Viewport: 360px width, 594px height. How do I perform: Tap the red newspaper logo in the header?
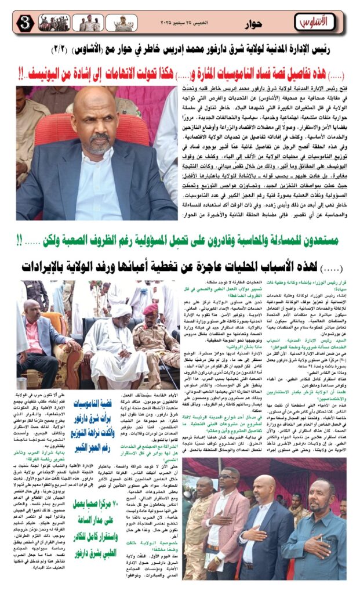[x=314, y=21]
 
